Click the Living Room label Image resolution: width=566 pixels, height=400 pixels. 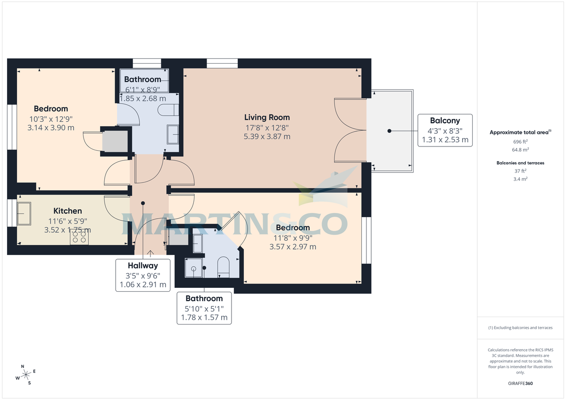[x=266, y=117]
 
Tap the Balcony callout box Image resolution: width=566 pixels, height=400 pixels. [x=444, y=130]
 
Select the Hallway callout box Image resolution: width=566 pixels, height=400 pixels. [x=143, y=275]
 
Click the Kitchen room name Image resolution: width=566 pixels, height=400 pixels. [x=67, y=211]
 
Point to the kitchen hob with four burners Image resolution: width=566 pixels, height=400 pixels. [x=79, y=239]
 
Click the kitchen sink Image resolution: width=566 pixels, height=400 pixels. [x=24, y=214]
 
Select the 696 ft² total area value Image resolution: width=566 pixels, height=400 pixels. [x=520, y=141]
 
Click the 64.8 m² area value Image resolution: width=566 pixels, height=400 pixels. [x=520, y=149]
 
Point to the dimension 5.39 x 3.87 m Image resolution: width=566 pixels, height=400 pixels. [x=266, y=137]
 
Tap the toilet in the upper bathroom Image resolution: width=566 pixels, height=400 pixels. [x=167, y=110]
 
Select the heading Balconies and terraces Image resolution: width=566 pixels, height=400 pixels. [x=520, y=163]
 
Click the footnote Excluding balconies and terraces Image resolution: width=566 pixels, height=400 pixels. [x=520, y=327]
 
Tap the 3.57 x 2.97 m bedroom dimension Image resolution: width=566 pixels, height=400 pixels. [x=292, y=246]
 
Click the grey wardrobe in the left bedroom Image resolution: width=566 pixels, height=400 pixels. [x=115, y=140]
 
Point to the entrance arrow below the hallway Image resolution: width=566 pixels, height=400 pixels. [x=150, y=254]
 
